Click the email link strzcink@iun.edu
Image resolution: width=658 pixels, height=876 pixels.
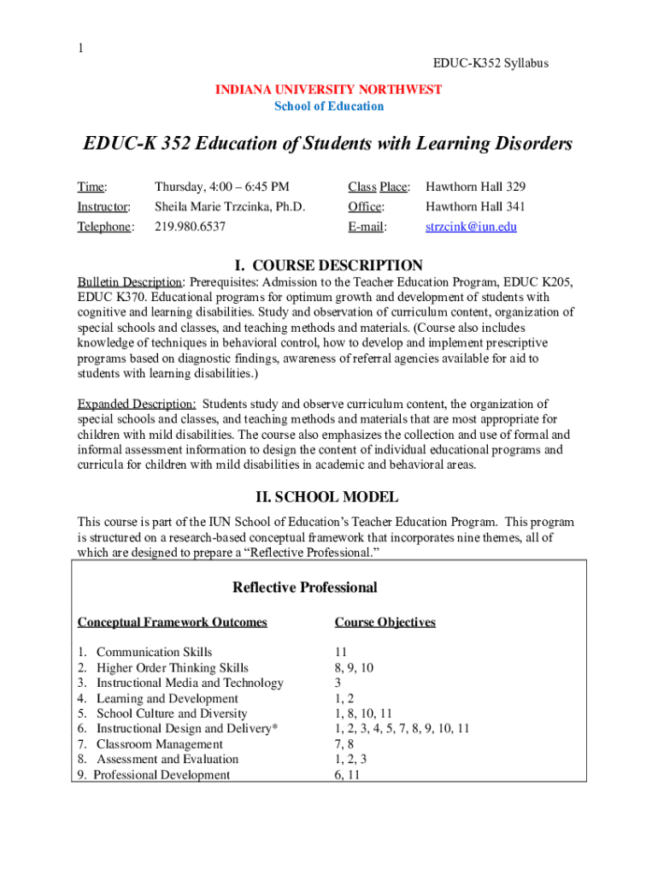tap(471, 227)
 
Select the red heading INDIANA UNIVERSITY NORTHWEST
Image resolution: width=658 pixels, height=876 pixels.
tap(328, 90)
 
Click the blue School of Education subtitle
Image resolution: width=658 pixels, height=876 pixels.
tap(329, 106)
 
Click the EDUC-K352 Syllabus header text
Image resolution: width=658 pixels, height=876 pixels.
tap(491, 63)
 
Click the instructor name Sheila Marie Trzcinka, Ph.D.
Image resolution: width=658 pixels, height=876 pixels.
tap(230, 206)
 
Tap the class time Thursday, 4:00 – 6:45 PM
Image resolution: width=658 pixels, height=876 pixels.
tap(222, 186)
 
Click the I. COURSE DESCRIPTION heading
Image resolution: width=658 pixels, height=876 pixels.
tap(328, 265)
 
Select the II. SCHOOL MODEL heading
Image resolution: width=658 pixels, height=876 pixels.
tap(328, 496)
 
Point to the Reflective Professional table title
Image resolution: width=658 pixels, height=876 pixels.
tap(304, 588)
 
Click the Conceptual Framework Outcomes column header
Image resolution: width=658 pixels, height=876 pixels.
tap(173, 622)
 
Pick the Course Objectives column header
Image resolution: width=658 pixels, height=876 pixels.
tap(385, 622)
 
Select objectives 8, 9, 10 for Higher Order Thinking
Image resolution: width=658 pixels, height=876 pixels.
tap(354, 668)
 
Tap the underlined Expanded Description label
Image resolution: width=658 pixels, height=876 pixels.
tap(137, 404)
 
